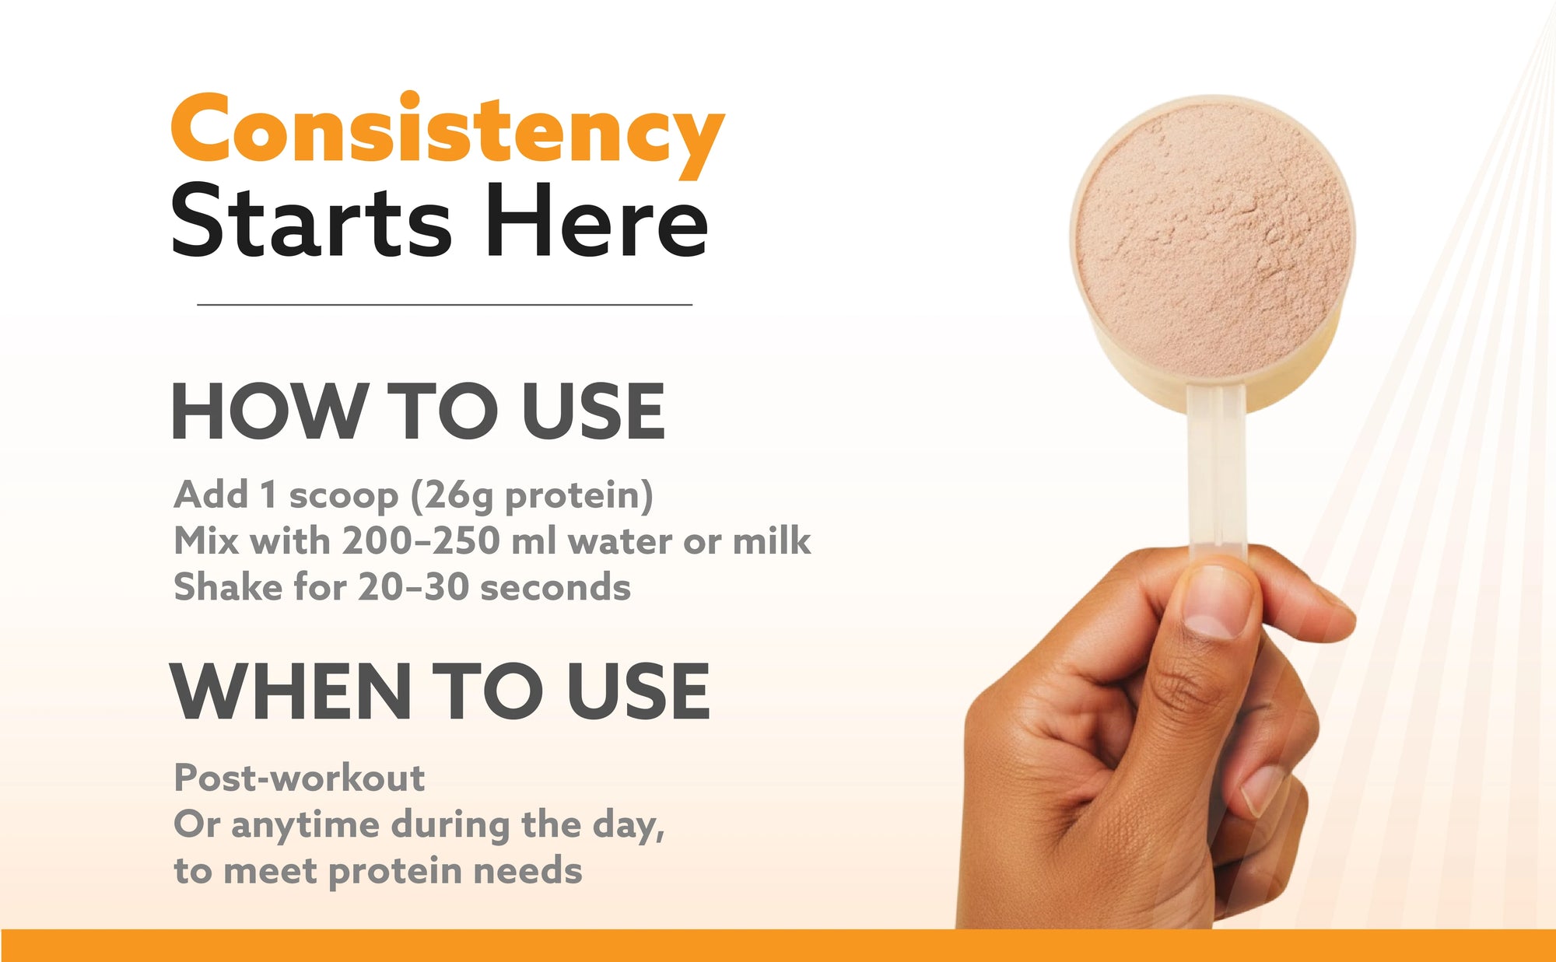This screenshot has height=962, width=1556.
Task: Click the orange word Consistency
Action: point(447,134)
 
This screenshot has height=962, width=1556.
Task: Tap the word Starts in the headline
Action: point(310,221)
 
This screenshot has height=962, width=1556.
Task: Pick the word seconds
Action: point(555,588)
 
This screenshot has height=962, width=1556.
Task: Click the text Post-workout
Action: point(300,778)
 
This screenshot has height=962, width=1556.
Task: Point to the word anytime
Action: point(305,826)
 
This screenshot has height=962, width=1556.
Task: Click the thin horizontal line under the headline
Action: point(444,305)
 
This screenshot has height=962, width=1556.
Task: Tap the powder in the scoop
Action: point(1214,237)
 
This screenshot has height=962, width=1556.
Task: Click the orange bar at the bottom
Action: point(778,946)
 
